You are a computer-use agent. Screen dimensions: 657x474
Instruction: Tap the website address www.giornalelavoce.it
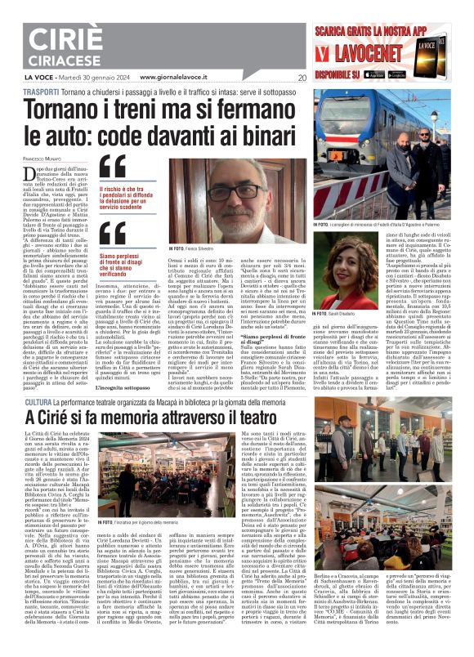pos(175,78)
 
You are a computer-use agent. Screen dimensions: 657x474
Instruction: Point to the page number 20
pos(302,78)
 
